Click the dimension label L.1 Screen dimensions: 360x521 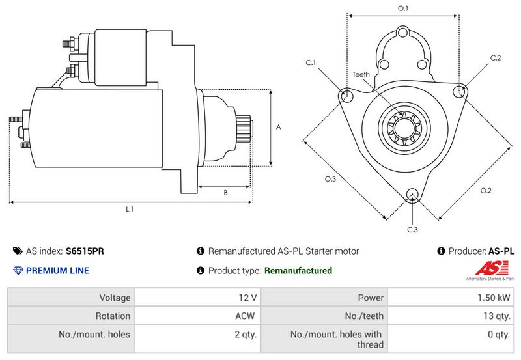coord(130,210)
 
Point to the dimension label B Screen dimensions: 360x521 coord(225,193)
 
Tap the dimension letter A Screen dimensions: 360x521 coord(278,128)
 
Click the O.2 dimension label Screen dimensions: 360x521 coord(485,190)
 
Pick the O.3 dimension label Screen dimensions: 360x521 coord(330,179)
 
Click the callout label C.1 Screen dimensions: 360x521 coord(311,62)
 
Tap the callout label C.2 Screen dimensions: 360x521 coord(496,58)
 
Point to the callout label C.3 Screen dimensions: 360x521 coord(412,230)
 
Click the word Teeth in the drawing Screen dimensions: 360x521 coord(361,74)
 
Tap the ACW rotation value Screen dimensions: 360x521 coord(246,316)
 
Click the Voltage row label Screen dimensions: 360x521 coord(115,298)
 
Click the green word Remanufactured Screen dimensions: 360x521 coord(298,271)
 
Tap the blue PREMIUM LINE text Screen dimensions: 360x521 coord(57,271)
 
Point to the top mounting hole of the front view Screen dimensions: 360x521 coord(402,33)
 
